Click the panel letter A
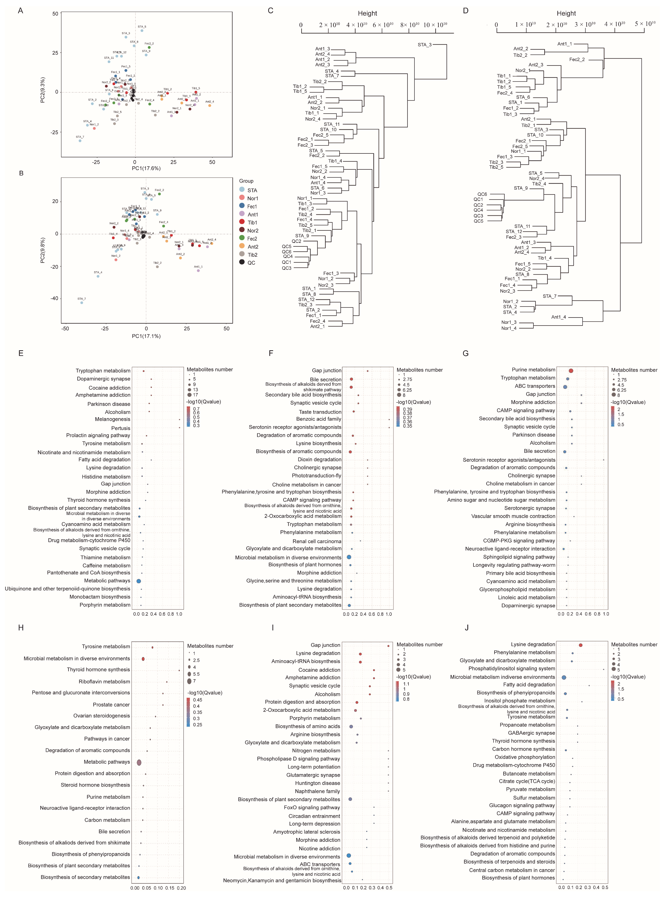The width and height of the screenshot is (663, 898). pos(20,11)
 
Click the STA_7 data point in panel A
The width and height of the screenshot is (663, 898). pos(80,141)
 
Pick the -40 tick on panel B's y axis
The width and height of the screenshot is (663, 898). pos(54,298)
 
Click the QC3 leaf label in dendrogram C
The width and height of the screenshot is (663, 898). pos(287,268)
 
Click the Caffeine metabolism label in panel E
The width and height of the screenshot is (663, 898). pos(106,566)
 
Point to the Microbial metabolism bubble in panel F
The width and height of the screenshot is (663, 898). pos(349,557)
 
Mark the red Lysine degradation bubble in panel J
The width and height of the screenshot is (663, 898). pos(580,645)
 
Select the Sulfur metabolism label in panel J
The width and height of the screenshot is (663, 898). pos(534,798)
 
